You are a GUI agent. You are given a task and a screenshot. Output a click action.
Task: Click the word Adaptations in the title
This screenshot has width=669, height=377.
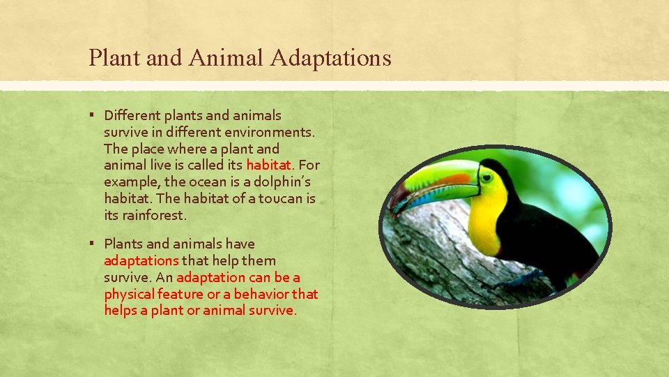pos(330,58)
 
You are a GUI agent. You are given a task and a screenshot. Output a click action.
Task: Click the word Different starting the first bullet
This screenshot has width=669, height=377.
pos(132,115)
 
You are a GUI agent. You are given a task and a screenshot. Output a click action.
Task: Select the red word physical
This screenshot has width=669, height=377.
pos(129,294)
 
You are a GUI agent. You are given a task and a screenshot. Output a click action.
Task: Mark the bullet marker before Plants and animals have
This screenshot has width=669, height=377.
pos(92,244)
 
